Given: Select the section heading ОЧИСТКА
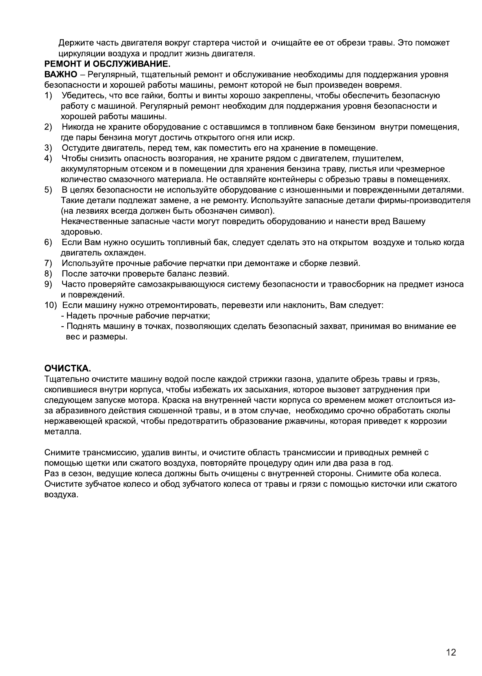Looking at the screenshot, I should [x=68, y=369].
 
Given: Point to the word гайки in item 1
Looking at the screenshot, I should [x=145, y=96].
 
